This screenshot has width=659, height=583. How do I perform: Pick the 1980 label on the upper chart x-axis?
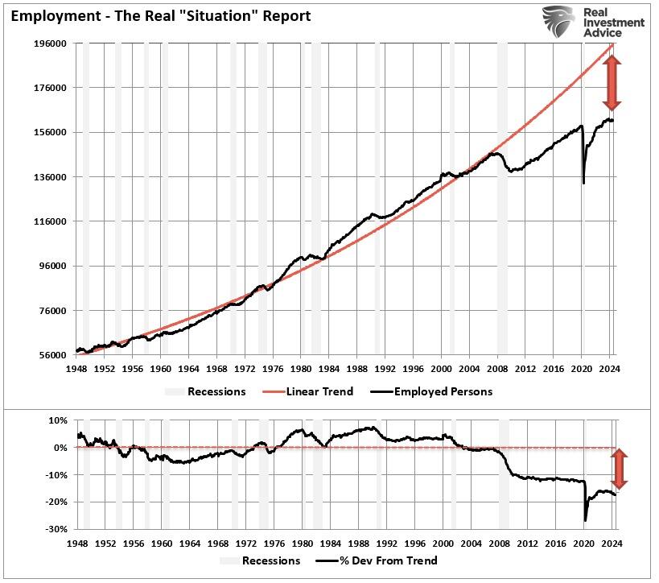300,370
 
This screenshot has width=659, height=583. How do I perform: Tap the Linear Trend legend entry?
309,391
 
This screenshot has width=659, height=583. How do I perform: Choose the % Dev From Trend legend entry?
378,560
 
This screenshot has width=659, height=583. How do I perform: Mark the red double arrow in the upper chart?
612,84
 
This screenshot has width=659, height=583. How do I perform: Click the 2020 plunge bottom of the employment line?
583,183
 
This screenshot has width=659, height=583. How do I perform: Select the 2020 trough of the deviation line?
585,521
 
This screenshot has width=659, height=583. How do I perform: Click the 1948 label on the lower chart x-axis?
76,543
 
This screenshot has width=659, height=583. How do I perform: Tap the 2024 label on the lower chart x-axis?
609,543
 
